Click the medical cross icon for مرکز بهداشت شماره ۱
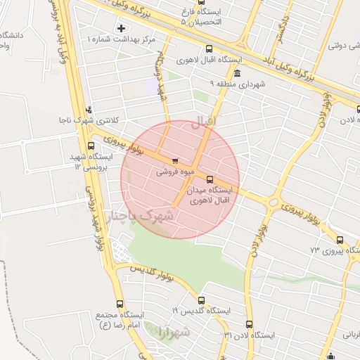click(x=122, y=28)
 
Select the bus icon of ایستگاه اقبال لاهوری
click(x=208, y=49)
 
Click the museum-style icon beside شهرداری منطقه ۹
click(x=237, y=74)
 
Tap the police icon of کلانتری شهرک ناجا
click(x=89, y=110)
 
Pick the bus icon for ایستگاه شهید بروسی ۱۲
click(x=91, y=146)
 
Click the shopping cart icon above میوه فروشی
click(x=174, y=161)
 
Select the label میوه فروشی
click(x=172, y=171)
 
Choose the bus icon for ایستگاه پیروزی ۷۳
click(x=340, y=240)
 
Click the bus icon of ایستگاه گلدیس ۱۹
click(x=201, y=300)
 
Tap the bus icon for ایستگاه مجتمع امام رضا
click(x=119, y=304)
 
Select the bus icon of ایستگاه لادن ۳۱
click(x=250, y=324)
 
